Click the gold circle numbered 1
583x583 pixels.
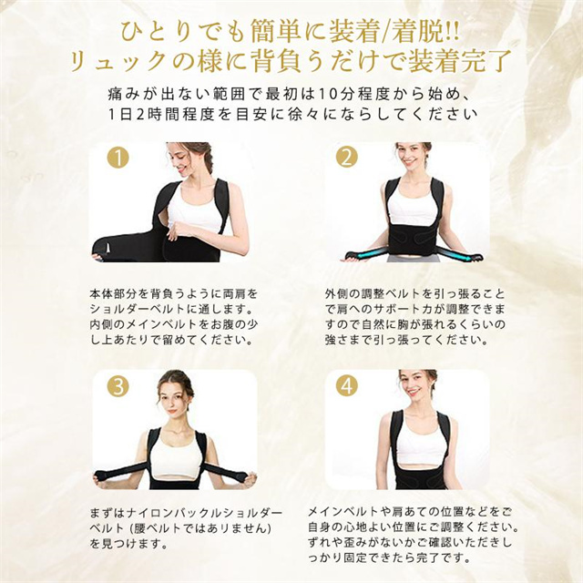coord(118,158)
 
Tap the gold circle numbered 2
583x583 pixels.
coord(346,158)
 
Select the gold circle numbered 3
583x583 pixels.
coord(118,386)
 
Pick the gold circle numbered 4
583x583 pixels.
coord(346,386)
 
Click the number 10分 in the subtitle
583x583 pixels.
coord(332,95)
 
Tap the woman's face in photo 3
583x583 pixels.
coord(174,399)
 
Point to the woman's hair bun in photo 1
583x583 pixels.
coord(203,155)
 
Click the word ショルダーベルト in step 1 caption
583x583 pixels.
coord(138,309)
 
